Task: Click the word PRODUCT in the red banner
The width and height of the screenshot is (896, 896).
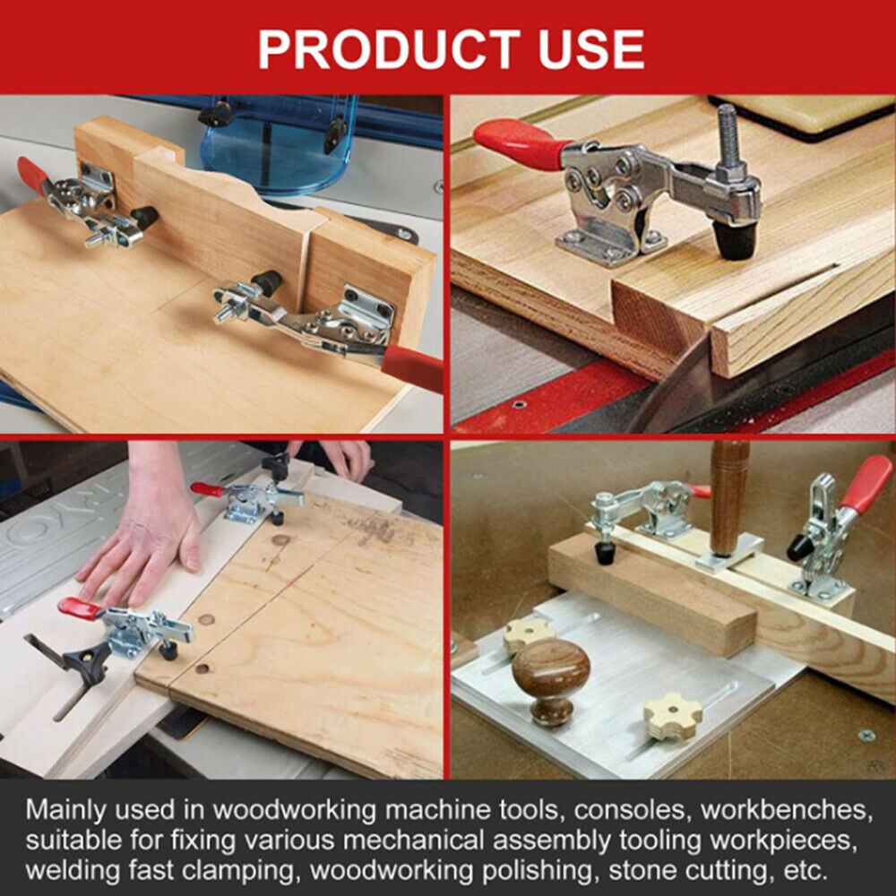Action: pyautogui.click(x=389, y=49)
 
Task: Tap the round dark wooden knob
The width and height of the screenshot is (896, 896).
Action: pyautogui.click(x=551, y=680)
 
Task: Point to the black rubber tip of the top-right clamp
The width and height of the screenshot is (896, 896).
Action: pyautogui.click(x=735, y=240)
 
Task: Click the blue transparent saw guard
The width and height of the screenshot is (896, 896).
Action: pyautogui.click(x=279, y=142)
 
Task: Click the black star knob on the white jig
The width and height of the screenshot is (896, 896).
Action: pyautogui.click(x=86, y=661)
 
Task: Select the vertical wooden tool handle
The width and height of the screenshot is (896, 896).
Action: pyautogui.click(x=729, y=497)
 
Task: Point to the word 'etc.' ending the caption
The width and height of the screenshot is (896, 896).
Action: pyautogui.click(x=806, y=871)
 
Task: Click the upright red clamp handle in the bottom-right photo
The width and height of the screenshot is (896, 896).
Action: pyautogui.click(x=866, y=485)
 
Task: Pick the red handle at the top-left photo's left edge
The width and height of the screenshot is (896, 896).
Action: pyautogui.click(x=32, y=176)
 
